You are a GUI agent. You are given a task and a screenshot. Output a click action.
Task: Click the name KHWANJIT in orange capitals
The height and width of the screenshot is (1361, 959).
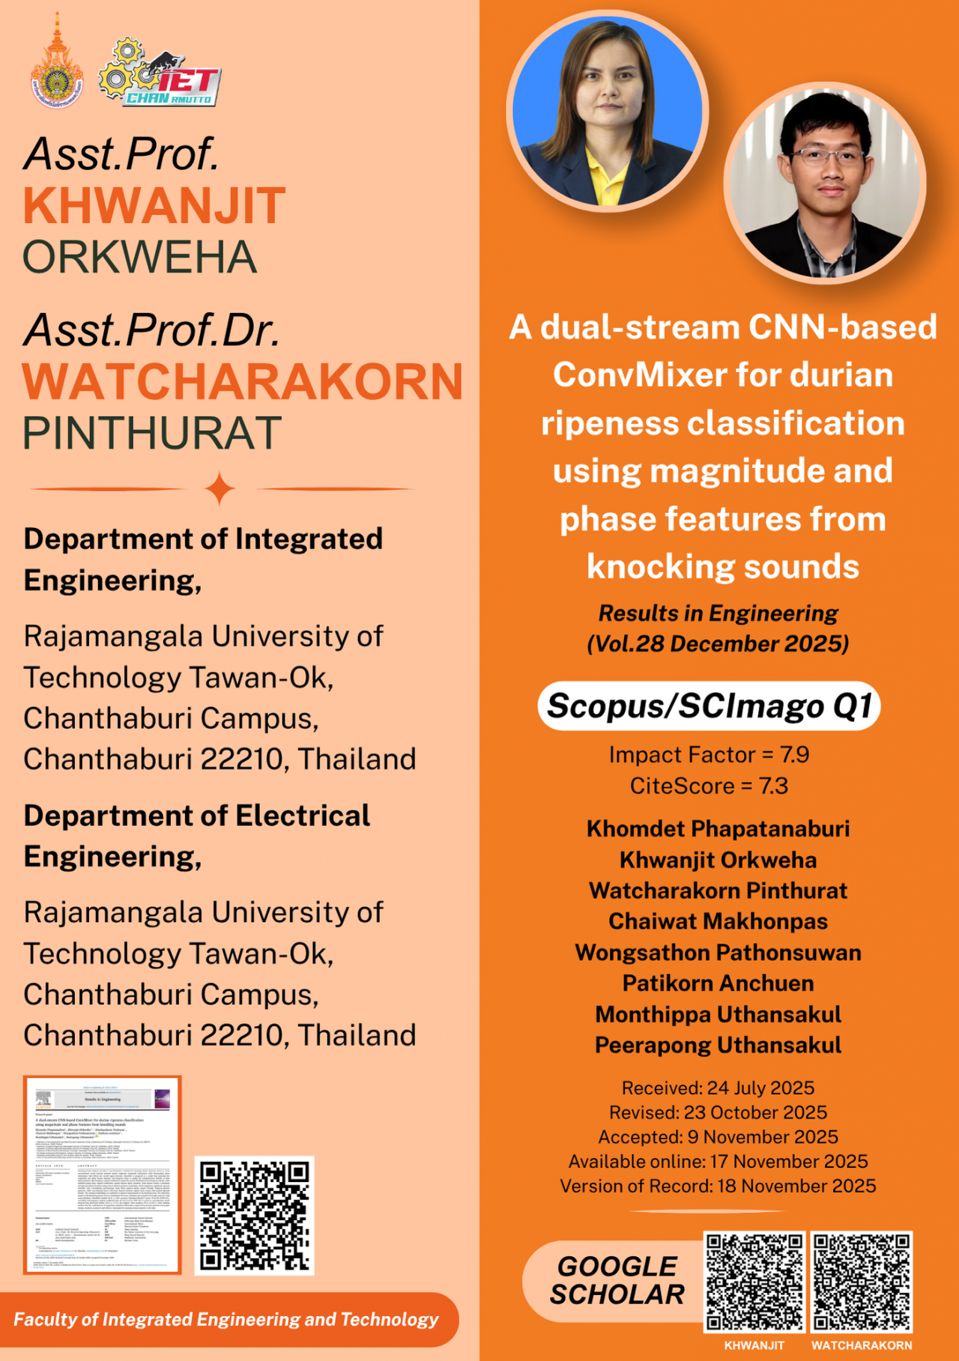tap(154, 206)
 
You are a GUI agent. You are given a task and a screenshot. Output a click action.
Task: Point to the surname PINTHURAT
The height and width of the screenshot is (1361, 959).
tap(152, 434)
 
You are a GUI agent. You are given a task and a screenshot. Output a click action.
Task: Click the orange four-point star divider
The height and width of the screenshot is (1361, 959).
tap(220, 489)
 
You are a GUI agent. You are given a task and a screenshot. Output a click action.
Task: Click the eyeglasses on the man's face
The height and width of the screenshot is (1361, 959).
tap(828, 157)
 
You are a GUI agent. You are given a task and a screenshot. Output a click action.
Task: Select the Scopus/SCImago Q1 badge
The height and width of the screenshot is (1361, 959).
tap(709, 706)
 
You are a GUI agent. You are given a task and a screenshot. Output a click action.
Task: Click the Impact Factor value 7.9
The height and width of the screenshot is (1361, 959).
tap(794, 754)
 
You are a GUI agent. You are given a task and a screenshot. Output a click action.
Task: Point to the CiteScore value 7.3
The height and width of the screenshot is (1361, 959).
tap(773, 786)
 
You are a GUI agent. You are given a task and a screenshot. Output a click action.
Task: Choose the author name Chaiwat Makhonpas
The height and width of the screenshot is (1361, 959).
tap(718, 921)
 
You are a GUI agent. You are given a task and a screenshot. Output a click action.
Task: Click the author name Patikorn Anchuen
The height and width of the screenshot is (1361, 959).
tap(718, 983)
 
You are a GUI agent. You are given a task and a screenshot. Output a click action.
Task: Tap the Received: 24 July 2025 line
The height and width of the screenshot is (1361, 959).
tap(718, 1088)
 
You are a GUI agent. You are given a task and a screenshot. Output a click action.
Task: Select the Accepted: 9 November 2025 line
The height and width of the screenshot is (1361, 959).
tap(718, 1137)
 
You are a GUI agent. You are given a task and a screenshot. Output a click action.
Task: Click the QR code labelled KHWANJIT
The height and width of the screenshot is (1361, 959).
tap(754, 1282)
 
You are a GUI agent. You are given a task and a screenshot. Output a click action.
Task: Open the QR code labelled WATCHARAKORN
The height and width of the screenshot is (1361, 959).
tap(862, 1282)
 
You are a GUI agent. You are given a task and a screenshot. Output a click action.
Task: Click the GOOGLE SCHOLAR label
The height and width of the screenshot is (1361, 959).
tap(617, 1281)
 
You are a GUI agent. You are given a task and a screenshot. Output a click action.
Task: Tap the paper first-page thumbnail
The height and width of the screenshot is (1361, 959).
tap(103, 1174)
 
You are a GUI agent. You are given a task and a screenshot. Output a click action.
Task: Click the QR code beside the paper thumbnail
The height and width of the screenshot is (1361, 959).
tap(254, 1215)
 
